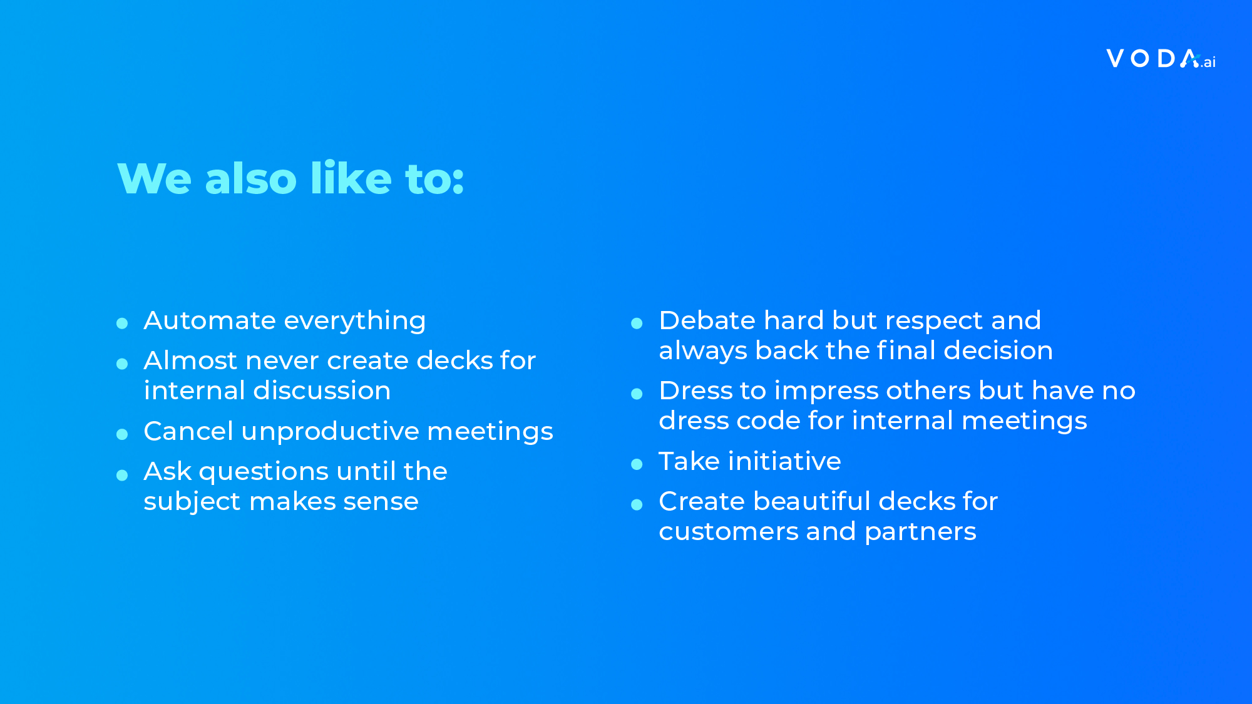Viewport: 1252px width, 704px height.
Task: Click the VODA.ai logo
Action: click(1161, 59)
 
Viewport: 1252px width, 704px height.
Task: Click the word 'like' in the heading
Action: click(351, 178)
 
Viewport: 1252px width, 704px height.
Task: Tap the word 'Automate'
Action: click(210, 320)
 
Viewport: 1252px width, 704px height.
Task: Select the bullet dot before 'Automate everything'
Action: click(122, 324)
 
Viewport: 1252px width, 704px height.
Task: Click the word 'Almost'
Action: click(190, 360)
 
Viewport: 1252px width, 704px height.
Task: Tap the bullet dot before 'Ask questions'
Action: click(122, 475)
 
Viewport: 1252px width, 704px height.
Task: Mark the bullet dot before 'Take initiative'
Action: click(637, 464)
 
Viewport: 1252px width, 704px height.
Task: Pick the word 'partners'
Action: click(920, 533)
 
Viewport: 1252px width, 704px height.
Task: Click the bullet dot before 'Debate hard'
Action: click(637, 324)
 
